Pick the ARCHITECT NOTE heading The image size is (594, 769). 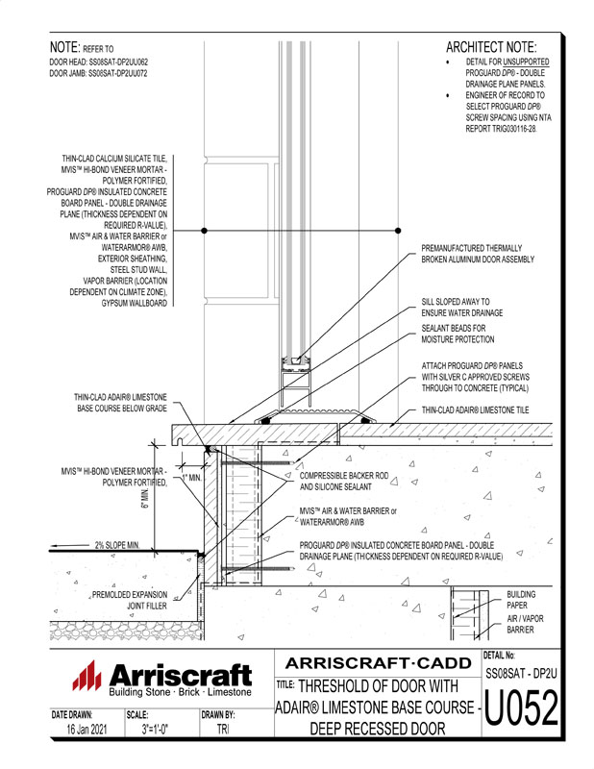tap(491, 47)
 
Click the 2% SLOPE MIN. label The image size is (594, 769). tap(118, 545)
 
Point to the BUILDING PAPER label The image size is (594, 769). tap(522, 601)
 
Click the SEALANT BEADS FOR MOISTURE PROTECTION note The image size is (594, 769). tap(459, 334)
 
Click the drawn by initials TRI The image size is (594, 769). tap(219, 731)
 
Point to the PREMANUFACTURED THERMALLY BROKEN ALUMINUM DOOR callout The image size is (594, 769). tap(477, 254)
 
